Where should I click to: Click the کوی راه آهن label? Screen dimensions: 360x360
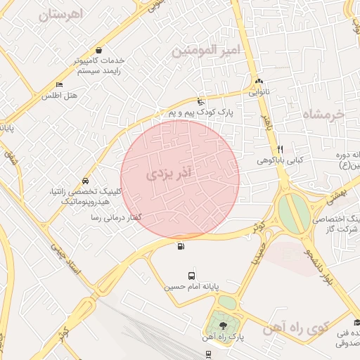[x=297, y=328]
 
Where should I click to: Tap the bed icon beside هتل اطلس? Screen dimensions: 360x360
[x=59, y=84]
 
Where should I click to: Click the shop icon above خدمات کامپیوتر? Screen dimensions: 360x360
[x=98, y=51]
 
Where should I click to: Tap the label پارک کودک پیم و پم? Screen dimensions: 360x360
[x=205, y=112]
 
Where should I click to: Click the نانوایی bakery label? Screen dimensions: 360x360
[x=259, y=91]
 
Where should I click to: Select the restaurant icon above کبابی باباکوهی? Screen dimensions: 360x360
[x=280, y=149]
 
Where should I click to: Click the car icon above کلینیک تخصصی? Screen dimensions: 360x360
[x=85, y=181]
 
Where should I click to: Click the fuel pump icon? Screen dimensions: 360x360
[x=182, y=246]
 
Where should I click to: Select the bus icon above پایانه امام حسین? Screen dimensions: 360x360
[x=192, y=276]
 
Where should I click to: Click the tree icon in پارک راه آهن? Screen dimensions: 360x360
[x=224, y=326]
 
